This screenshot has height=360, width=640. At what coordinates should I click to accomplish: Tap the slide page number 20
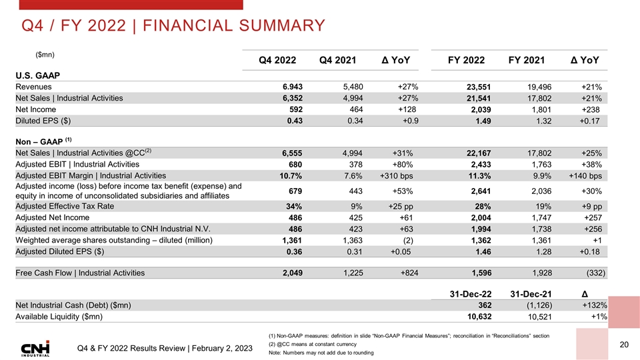point(625,344)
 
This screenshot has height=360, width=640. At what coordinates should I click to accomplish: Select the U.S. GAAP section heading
point(38,75)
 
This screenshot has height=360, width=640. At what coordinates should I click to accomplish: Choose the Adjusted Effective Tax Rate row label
point(64,206)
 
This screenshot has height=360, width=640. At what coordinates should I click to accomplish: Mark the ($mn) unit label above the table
point(45,53)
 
